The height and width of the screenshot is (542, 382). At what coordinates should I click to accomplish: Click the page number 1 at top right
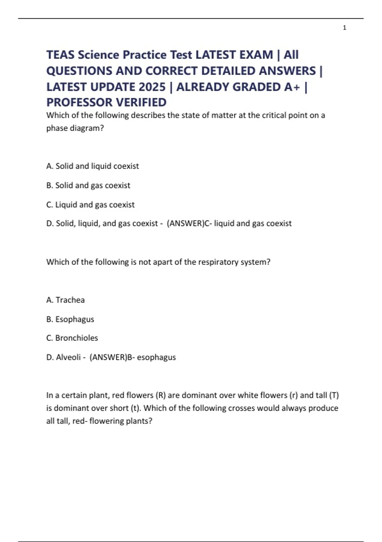pos(344,28)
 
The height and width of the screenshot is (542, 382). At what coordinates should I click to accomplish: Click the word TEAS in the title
pos(60,55)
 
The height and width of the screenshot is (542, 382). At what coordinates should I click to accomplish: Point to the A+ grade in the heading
pos(292,87)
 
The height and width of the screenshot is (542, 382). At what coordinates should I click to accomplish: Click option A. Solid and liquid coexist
pos(92,166)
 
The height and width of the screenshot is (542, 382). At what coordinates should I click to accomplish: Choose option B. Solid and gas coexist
pos(88,185)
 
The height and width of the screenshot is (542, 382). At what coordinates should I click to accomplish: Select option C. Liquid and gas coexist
pos(90,204)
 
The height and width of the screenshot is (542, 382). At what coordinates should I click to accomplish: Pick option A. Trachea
pos(65,300)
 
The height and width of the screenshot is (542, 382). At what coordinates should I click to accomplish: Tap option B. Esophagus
pos(70,319)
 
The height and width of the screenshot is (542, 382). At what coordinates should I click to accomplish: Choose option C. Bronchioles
pos(72,338)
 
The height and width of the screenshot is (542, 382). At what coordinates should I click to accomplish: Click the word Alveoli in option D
pos(68,357)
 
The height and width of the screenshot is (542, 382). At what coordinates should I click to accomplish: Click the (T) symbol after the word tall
pos(334,395)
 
